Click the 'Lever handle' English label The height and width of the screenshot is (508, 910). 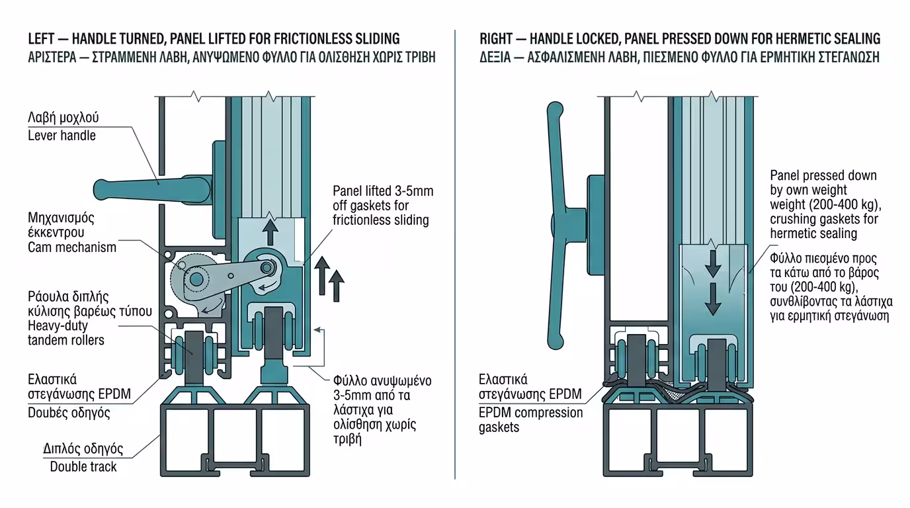(x=62, y=136)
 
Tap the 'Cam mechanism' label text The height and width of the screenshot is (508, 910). (x=72, y=247)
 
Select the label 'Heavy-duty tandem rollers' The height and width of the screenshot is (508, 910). (x=66, y=333)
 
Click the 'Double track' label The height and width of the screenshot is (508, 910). (x=83, y=466)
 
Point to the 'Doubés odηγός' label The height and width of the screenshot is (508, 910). (x=69, y=413)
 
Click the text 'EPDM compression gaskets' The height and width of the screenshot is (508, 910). (x=530, y=420)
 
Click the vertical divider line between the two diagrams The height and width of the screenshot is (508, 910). (x=455, y=265)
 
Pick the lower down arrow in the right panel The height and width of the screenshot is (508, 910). (x=712, y=300)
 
